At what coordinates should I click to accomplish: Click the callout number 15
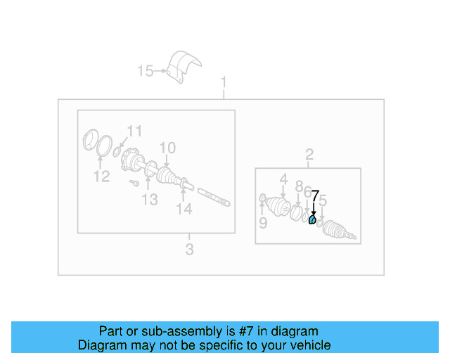tap(145, 70)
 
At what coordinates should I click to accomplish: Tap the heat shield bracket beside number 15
tap(184, 67)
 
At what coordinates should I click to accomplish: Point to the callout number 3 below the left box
tap(189, 249)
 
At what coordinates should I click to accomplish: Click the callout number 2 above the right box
tap(309, 155)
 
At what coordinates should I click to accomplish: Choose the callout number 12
tap(102, 176)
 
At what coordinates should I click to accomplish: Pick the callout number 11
tap(134, 130)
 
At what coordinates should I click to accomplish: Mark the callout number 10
tap(167, 148)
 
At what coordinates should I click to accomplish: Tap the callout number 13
tap(150, 200)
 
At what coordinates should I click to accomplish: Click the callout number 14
tap(184, 209)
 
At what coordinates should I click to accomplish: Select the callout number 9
tap(262, 223)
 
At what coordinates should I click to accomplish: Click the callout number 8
tap(299, 187)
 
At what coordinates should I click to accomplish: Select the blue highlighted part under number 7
tap(312, 221)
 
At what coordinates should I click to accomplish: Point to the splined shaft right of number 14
tap(214, 197)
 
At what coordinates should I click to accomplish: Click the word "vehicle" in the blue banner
tap(308, 345)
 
